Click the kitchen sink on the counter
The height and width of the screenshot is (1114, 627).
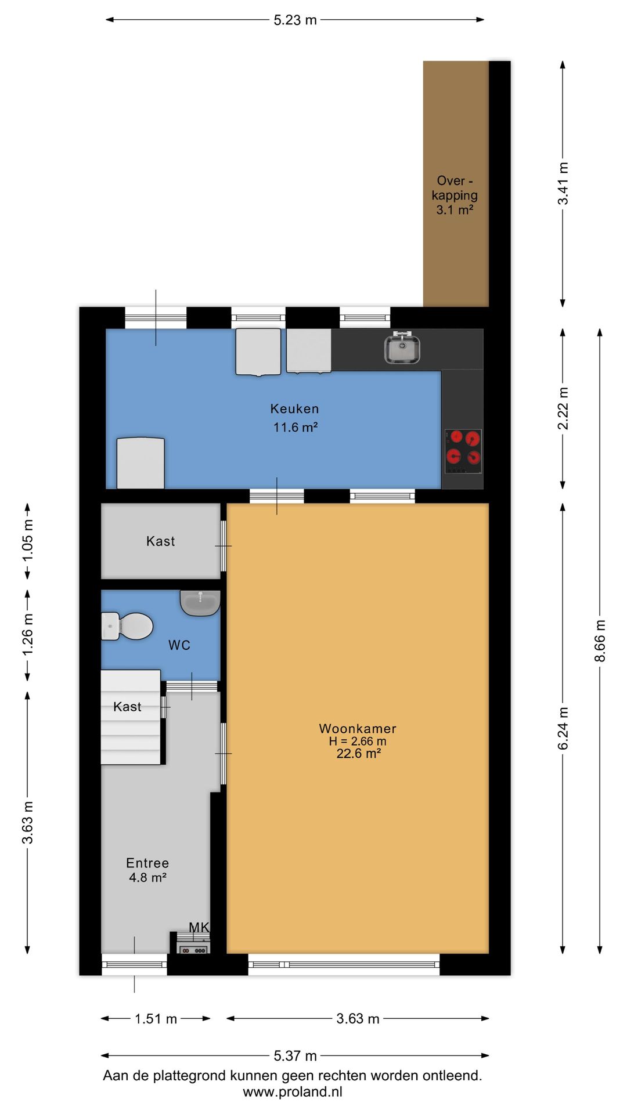click(x=402, y=348)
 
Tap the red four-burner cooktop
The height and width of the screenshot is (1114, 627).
click(x=463, y=451)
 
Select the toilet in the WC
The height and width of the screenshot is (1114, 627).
click(x=127, y=626)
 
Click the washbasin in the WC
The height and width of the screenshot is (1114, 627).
click(x=200, y=603)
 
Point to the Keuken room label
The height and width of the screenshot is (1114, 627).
click(x=294, y=409)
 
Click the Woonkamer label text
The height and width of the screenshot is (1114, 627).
click(x=358, y=729)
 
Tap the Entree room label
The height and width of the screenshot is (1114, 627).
click(x=147, y=863)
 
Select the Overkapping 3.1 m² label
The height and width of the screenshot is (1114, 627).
click(x=455, y=196)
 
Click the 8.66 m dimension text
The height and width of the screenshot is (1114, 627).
click(x=600, y=641)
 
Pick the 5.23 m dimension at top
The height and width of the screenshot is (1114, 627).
click(x=295, y=20)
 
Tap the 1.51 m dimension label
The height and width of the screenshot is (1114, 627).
click(x=156, y=1019)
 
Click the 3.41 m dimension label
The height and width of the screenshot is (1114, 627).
click(x=563, y=183)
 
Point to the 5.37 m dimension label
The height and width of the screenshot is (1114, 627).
click(x=295, y=1056)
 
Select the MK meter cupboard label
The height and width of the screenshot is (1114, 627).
click(x=199, y=928)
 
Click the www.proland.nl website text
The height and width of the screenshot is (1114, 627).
click(x=293, y=1092)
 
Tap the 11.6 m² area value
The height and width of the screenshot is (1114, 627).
click(x=296, y=428)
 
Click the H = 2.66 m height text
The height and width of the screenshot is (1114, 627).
click(x=358, y=742)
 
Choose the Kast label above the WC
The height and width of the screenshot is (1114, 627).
click(x=160, y=541)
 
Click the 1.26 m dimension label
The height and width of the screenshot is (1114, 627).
click(x=27, y=635)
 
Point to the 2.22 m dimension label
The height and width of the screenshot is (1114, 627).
click(x=563, y=408)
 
